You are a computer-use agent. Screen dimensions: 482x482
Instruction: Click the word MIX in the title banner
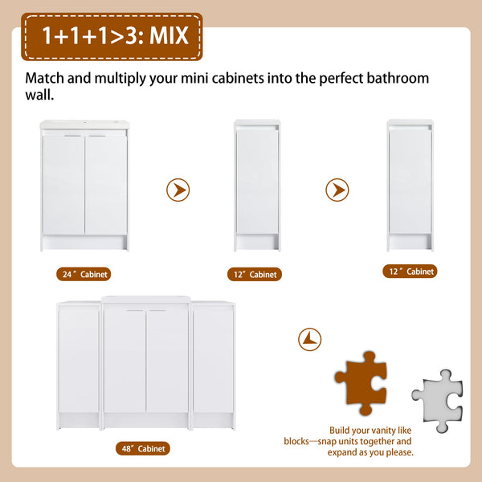[169, 35]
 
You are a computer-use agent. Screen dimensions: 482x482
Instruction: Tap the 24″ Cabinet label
[84, 274]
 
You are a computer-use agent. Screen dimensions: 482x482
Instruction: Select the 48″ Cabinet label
[143, 448]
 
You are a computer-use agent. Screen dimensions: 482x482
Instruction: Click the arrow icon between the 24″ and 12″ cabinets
[178, 190]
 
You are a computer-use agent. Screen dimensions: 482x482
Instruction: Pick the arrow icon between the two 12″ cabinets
[337, 190]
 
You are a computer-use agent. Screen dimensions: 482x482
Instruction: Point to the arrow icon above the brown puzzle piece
[310, 339]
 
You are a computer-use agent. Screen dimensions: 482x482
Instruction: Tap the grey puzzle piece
[438, 401]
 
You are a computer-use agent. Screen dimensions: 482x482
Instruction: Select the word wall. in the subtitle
[39, 95]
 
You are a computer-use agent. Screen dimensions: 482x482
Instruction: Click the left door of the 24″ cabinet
[63, 185]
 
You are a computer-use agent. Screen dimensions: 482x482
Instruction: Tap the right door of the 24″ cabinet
[106, 185]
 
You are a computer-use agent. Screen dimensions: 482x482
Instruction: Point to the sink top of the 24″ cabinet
[84, 125]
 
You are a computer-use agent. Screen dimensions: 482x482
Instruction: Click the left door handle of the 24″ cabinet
[72, 136]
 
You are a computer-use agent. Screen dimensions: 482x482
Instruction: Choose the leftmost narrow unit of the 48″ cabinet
[79, 366]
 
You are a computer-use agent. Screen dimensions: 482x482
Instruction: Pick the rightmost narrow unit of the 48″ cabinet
[214, 366]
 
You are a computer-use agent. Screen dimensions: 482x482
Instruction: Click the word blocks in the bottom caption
[296, 441]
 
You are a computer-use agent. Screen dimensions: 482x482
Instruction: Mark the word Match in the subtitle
[45, 78]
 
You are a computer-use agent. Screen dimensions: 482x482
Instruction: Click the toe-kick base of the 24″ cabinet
[84, 243]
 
